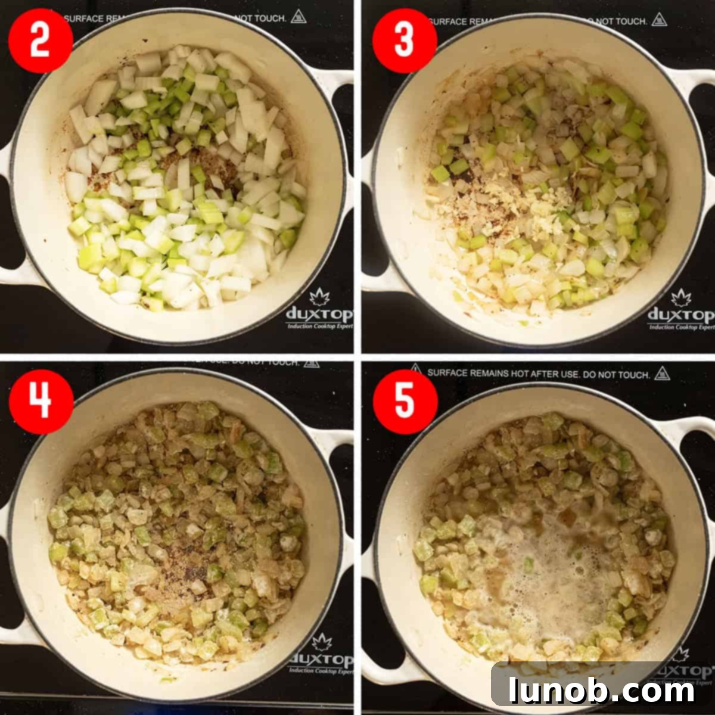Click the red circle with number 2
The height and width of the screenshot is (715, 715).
40,41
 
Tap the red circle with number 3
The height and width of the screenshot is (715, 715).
405,41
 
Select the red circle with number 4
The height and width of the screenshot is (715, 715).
41,401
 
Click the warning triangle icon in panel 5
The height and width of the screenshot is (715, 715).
662,374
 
